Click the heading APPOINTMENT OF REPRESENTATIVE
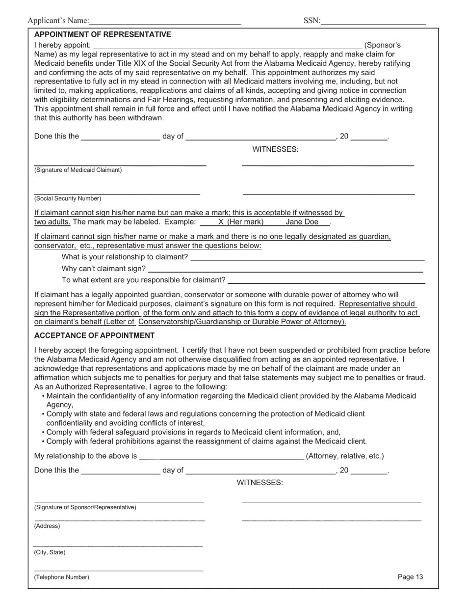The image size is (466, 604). pos(103,34)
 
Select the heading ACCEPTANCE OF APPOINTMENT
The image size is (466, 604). pos(94,335)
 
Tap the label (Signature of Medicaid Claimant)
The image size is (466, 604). pos(78,170)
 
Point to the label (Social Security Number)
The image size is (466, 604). pos(68,198)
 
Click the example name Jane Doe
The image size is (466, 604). pos(302,222)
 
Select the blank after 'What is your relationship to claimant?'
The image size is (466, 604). pos(307,258)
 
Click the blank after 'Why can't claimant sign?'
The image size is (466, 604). pos(285,269)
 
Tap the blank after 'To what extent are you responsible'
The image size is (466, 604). pos(327,281)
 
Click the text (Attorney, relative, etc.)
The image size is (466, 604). pos(345,456)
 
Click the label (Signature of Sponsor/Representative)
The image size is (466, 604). pos(85,507)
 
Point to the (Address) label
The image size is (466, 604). pos(47,526)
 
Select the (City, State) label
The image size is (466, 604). pos(50,552)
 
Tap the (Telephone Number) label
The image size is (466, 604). pos(62,577)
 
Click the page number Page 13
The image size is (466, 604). pos(410,577)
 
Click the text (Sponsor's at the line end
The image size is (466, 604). pos(383,45)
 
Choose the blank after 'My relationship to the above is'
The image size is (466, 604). pos(221,457)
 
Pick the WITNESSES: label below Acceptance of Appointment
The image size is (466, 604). pos(259,483)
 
